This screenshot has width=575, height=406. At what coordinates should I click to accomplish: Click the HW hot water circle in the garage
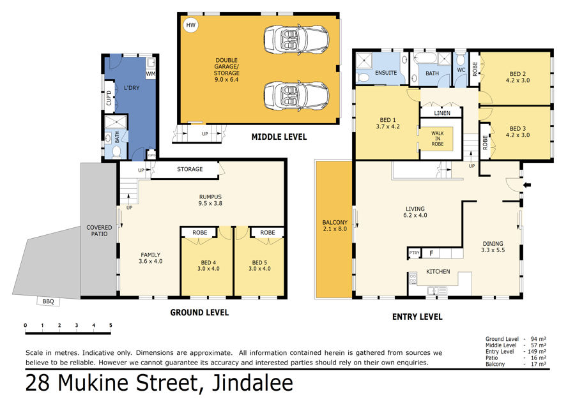click(190, 25)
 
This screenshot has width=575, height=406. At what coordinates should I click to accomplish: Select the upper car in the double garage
click(296, 38)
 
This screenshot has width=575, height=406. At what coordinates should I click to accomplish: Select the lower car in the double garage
click(296, 95)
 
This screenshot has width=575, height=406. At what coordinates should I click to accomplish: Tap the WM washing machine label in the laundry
click(150, 73)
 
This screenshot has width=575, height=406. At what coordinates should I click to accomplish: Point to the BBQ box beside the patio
click(48, 301)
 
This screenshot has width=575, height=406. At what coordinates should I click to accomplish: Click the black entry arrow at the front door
click(527, 185)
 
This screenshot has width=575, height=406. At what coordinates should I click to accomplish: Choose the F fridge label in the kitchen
click(432, 253)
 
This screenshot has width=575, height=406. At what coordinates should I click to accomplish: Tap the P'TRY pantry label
click(414, 253)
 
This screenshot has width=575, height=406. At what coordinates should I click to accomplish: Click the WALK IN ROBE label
click(438, 139)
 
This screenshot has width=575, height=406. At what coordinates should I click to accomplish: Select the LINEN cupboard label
click(442, 113)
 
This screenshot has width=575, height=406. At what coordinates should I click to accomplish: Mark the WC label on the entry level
click(461, 70)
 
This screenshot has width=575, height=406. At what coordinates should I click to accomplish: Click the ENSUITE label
click(386, 73)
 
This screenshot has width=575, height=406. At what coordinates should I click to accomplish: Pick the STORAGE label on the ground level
click(190, 169)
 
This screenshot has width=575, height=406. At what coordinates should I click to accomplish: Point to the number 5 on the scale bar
click(111, 325)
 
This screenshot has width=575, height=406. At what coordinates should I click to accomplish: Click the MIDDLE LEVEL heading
click(279, 137)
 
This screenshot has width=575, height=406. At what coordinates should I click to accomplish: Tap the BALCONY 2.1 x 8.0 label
click(334, 225)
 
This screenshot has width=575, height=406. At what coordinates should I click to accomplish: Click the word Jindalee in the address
click(252, 382)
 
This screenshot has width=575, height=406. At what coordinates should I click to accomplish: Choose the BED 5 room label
click(259, 266)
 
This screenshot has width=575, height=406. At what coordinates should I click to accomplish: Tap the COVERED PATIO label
click(99, 230)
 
